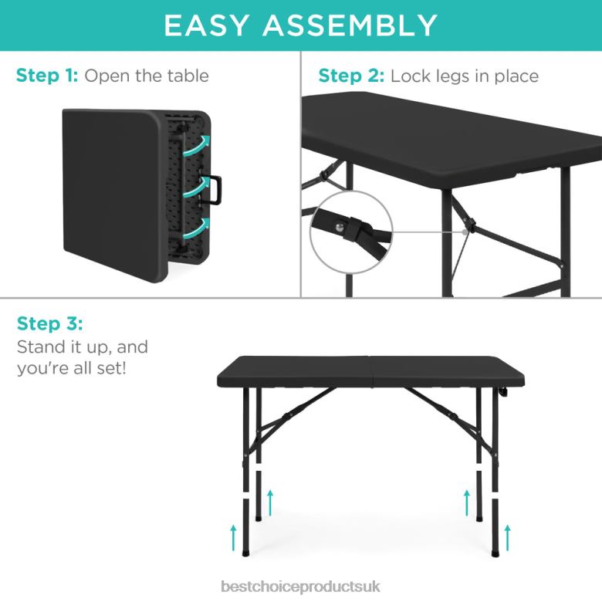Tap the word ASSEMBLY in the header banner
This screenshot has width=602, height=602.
pyautogui.click(x=352, y=25)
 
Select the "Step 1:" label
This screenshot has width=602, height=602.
pyautogui.click(x=46, y=76)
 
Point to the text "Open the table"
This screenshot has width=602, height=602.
pyautogui.click(x=147, y=76)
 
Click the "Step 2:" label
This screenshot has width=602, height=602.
pyautogui.click(x=351, y=76)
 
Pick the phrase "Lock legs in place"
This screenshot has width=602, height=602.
pyautogui.click(x=464, y=76)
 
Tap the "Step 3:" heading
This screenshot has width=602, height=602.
pyautogui.click(x=49, y=323)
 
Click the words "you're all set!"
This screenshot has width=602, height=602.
pyautogui.click(x=72, y=368)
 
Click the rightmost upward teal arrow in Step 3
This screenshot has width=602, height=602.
pyautogui.click(x=507, y=536)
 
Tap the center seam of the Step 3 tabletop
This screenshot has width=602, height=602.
pyautogui.click(x=372, y=368)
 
